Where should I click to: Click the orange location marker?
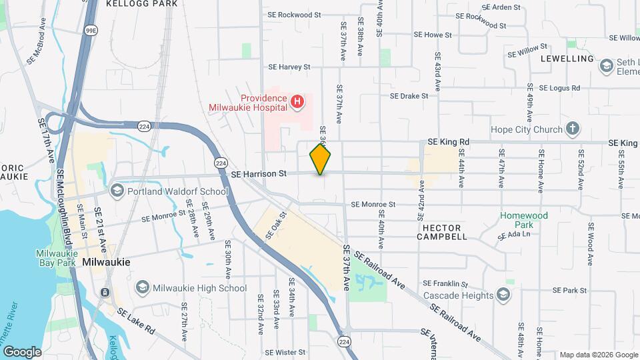[320, 159]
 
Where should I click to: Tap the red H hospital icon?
[297, 101]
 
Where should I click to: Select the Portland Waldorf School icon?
[117, 191]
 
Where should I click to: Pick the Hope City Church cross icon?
[571, 129]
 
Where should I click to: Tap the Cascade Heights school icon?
[503, 295]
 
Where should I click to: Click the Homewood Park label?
[524, 220]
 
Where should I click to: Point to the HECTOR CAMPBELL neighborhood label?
[442, 232]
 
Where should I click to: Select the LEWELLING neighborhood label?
[567, 59]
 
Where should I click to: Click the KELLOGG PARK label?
[142, 4]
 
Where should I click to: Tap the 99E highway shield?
[91, 30]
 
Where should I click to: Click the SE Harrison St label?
[259, 174]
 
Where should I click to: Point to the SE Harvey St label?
[289, 67]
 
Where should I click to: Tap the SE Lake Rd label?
[136, 321]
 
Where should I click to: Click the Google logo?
[22, 351]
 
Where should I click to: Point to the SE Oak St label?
[276, 225]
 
